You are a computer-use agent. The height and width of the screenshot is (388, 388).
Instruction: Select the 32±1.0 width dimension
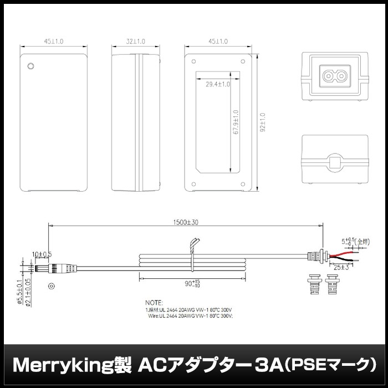(x=136, y=41)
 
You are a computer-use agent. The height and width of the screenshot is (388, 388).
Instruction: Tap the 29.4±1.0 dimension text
(x=218, y=84)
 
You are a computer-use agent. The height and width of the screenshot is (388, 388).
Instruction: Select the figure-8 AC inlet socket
(x=334, y=74)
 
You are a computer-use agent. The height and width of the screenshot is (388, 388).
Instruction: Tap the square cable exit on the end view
(x=334, y=162)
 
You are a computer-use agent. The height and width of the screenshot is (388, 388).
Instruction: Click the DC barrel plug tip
(x=38, y=269)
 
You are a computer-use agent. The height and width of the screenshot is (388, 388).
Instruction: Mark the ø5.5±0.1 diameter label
(x=19, y=293)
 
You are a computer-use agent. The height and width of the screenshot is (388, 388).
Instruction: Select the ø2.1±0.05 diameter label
(x=27, y=293)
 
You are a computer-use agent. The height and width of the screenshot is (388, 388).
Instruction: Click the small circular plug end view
(x=51, y=286)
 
